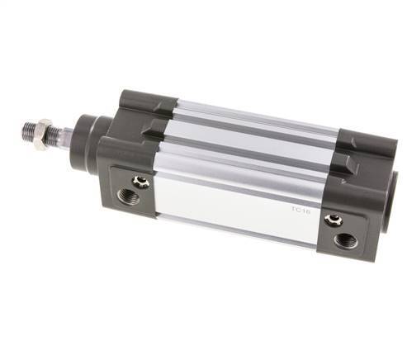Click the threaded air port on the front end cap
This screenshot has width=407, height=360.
[127, 195]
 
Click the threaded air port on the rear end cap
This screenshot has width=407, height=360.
[347, 240]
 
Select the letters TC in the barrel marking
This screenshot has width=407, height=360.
[296, 211]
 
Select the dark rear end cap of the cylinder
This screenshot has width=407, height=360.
[355, 198]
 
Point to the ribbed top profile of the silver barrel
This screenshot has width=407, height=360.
[248, 124]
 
